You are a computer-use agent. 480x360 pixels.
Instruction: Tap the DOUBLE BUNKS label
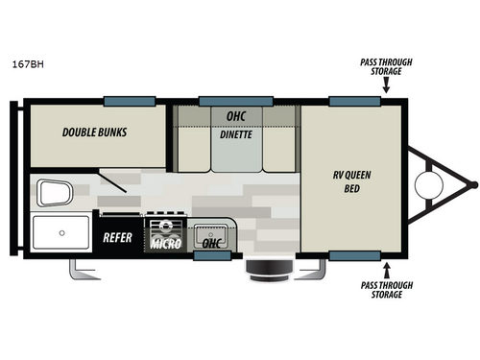tap(95, 133)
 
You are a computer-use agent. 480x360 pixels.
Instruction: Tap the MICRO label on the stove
tap(162, 244)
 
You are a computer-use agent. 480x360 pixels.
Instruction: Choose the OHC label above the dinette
tap(235, 116)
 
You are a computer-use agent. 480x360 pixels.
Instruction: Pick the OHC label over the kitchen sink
tap(211, 244)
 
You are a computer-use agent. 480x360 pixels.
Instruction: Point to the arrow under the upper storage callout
tap(384, 84)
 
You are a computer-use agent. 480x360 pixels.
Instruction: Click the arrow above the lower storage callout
tap(386, 268)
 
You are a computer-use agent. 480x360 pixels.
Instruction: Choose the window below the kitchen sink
tap(211, 257)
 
